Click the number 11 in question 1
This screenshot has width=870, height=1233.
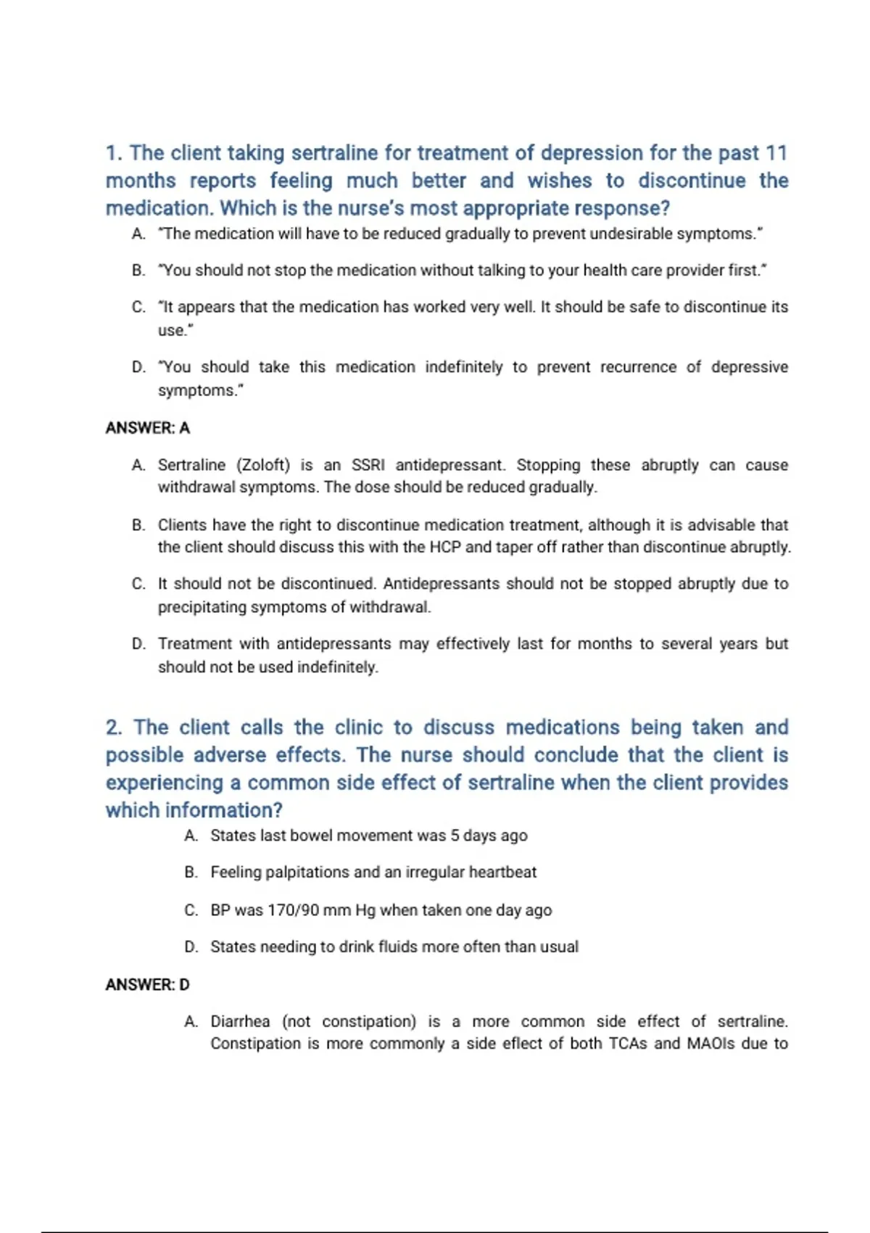[776, 153]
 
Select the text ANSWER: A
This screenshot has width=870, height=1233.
[148, 428]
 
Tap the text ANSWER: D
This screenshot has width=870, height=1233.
[148, 984]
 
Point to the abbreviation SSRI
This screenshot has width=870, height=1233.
[368, 465]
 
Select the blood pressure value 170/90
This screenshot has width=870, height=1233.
[294, 910]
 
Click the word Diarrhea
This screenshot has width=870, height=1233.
[240, 1021]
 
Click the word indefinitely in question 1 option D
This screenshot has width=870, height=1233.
[463, 367]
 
